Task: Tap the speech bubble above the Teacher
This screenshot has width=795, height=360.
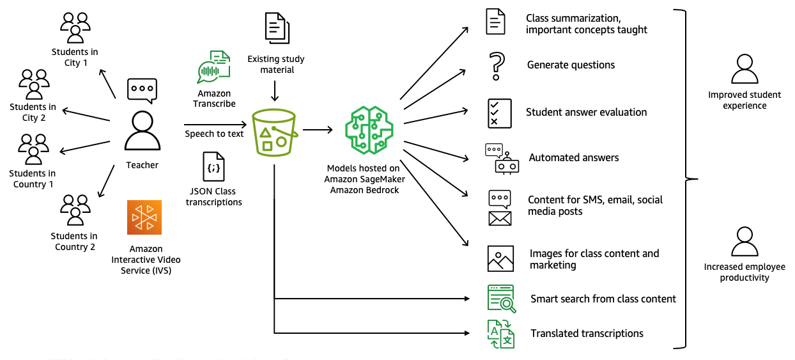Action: [x=142, y=90]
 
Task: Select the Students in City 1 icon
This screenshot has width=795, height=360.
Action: [x=75, y=27]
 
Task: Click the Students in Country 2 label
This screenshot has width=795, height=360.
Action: [x=75, y=242]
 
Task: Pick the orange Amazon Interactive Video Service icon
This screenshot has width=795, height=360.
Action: [x=144, y=217]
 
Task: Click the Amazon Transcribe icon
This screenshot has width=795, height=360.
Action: [x=214, y=67]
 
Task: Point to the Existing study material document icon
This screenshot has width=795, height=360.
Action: [x=277, y=28]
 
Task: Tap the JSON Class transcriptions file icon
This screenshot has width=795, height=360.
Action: [x=213, y=168]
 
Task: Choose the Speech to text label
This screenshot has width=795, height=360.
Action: [x=215, y=134]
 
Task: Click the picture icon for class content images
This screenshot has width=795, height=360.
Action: [x=500, y=258]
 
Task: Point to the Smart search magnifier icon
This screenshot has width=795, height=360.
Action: [x=501, y=298]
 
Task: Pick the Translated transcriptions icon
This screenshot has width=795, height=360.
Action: [x=501, y=334]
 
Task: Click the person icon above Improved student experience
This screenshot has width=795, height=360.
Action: [x=744, y=69]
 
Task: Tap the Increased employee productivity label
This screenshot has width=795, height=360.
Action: [x=744, y=272]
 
